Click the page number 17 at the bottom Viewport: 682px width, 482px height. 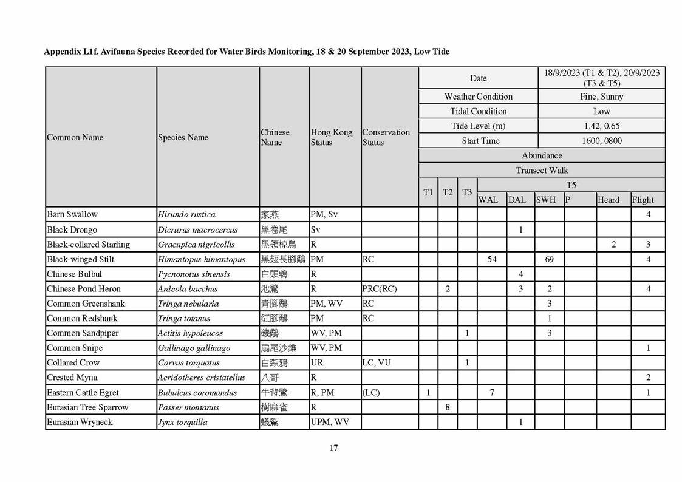(333, 448)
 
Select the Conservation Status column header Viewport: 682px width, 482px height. (386, 137)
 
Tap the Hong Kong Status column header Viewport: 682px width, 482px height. (331, 137)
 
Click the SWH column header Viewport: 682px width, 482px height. (545, 200)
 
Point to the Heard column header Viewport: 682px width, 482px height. (609, 200)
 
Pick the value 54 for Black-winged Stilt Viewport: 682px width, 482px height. (492, 259)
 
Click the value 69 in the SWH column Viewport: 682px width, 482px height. (549, 259)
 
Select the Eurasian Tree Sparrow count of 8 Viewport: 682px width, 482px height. (448, 407)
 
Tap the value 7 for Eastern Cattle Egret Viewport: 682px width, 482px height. (492, 393)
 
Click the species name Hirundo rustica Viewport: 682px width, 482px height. (186, 214)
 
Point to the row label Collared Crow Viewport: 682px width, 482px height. (73, 363)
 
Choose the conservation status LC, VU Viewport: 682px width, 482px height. (377, 363)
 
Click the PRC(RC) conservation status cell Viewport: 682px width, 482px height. (379, 289)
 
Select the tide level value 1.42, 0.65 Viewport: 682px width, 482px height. (601, 126)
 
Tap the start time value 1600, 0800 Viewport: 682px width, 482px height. (601, 141)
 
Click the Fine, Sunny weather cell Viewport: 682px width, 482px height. (601, 97)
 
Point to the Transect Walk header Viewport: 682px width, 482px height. (542, 171)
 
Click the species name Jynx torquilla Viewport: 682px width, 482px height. (182, 422)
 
